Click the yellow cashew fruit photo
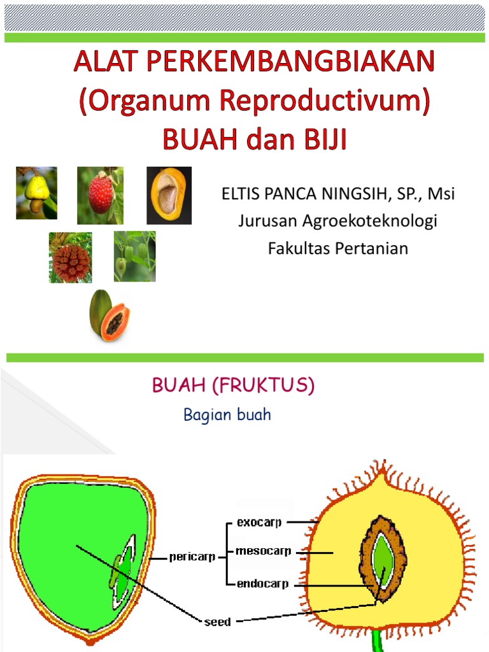(36, 192)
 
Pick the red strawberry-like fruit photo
(101, 195)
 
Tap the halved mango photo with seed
(169, 195)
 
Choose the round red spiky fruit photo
(71, 258)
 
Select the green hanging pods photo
(134, 257)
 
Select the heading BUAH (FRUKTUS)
(233, 385)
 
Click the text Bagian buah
(227, 415)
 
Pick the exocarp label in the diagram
(259, 523)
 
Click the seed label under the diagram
(217, 621)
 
